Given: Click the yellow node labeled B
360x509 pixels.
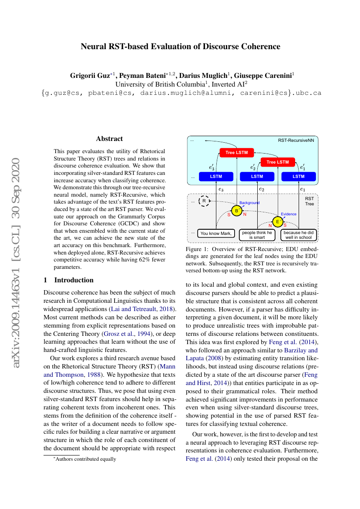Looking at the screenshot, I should coord(236,211).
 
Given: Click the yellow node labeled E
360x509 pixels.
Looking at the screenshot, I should coord(277,222).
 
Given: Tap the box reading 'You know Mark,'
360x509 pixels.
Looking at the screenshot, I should coord(216,234).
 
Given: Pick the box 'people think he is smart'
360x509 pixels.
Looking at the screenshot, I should coord(257,235).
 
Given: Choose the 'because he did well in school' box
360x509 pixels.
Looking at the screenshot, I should coord(298,235).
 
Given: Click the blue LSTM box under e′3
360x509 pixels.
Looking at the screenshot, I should coord(216,177).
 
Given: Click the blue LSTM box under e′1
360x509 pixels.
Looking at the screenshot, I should coord(298,177).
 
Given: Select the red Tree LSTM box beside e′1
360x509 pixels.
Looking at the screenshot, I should coord(277,162).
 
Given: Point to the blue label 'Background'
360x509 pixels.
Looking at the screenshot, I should coord(249,203).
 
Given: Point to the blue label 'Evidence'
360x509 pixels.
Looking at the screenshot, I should coord(289,214).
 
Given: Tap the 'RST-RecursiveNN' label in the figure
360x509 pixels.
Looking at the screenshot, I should coord(296,141).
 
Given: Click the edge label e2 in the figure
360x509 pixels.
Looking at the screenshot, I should coord(261,189).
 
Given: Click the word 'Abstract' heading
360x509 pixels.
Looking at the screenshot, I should coord(109,139).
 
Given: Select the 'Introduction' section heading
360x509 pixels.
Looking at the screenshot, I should coord(74,280).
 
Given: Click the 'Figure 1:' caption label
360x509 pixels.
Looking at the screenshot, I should coord(199,249).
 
